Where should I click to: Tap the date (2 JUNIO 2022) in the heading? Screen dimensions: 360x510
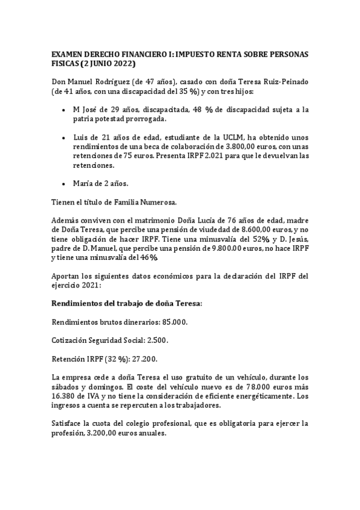(107, 63)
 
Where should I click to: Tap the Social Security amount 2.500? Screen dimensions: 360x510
(154, 340)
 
